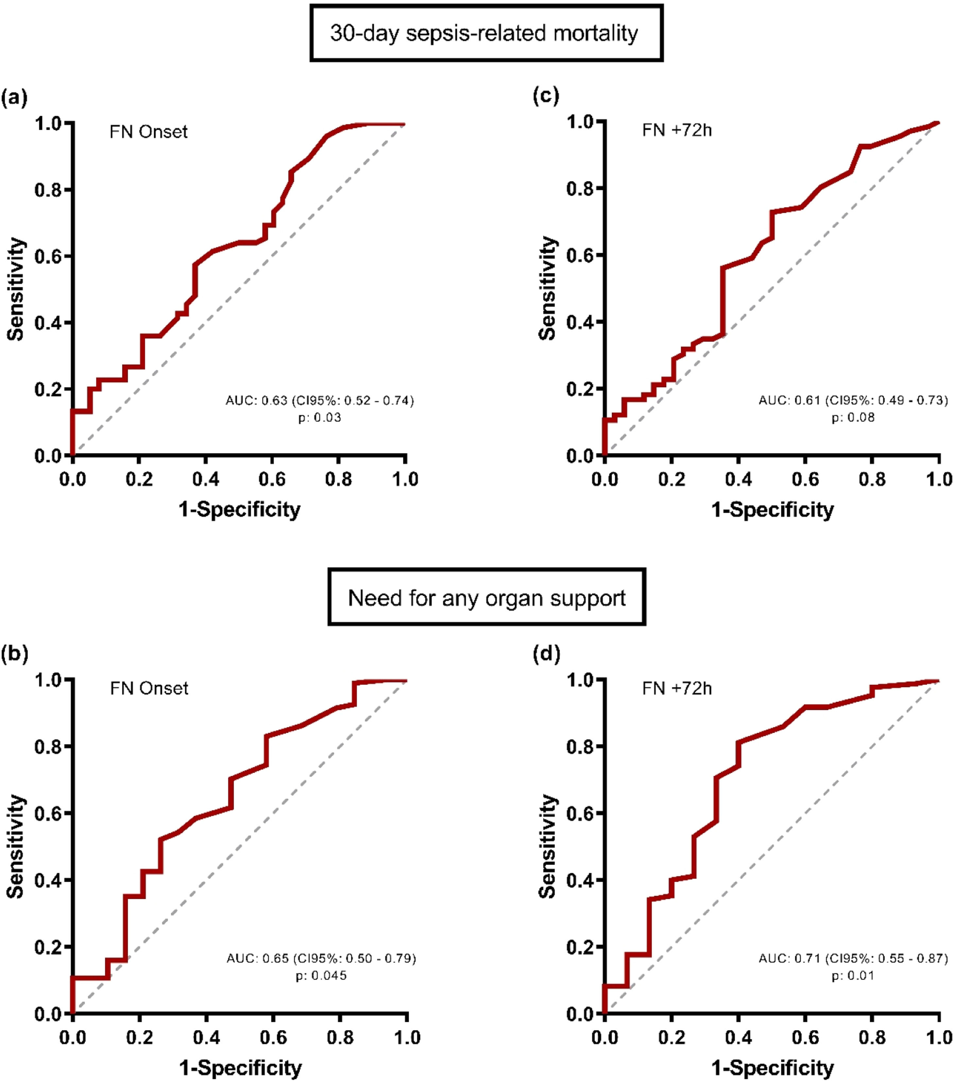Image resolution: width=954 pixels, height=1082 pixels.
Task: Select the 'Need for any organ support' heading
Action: pos(487,598)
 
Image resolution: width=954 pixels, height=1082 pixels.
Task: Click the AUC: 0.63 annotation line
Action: pos(320,400)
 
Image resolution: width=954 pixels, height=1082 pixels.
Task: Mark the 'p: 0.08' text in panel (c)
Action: pos(853,417)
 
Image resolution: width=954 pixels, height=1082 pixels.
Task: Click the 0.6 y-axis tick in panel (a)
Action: pos(48,256)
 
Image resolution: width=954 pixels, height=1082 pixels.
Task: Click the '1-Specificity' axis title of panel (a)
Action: pos(239,510)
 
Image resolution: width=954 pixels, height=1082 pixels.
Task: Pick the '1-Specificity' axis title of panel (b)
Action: pos(240,1067)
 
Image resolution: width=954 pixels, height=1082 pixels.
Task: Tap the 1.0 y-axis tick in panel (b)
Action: pos(48,680)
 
